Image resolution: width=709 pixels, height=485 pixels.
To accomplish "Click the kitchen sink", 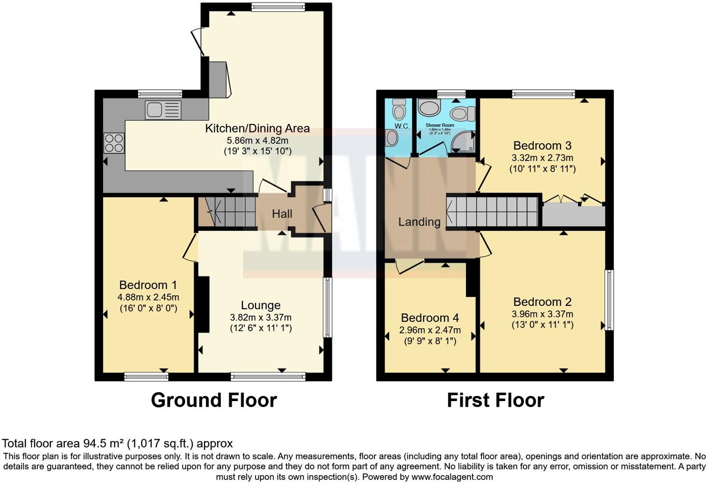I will point(163,110).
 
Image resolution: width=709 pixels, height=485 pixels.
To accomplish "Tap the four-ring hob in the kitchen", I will point(114,143).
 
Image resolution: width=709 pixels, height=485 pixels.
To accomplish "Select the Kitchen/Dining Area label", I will point(257,129).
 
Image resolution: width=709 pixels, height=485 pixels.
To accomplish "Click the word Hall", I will point(282,214).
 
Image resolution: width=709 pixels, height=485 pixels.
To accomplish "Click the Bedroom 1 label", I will point(149,285).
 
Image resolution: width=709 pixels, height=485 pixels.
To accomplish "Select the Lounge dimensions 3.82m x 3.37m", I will point(260,318).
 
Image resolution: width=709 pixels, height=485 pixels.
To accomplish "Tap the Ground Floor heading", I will point(214,401).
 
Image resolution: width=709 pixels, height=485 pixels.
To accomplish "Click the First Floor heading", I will point(495,401).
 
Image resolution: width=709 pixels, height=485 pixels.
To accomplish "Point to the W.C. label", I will point(402,126).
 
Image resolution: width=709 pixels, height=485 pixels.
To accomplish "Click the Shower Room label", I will point(439,125).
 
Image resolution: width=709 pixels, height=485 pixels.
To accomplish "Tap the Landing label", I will point(419,222).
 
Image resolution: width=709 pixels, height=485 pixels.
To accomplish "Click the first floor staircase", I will point(494,212).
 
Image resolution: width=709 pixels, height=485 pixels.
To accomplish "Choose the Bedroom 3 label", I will point(542,145).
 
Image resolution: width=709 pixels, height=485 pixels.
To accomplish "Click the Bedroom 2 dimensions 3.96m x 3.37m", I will point(542,314).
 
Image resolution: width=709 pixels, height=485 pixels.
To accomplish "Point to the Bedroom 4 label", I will point(430,318).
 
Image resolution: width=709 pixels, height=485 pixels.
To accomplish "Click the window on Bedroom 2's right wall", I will point(609,300).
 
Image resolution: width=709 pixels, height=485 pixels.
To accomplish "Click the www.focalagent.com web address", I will point(452,477).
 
